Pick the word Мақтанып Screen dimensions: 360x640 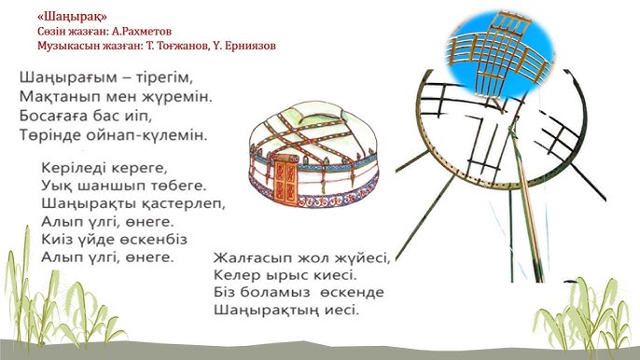(51, 96)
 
